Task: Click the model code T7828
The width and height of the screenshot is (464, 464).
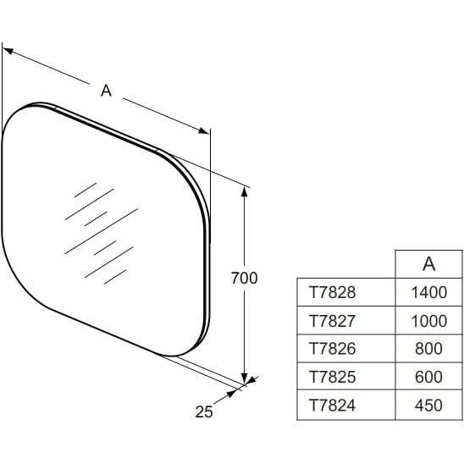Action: point(332,292)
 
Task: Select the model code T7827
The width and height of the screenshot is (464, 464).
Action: point(332,321)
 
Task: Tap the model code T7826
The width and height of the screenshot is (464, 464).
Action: point(332,349)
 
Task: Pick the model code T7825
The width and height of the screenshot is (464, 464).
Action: point(332,377)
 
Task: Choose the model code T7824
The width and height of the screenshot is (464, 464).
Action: point(332,405)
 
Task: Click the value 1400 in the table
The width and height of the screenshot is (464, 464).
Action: point(429,292)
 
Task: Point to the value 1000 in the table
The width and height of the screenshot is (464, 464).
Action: point(429,321)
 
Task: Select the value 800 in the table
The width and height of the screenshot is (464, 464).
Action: point(428,349)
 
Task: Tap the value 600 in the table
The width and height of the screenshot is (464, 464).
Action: point(428,377)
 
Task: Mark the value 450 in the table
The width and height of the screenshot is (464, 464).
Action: point(428,405)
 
